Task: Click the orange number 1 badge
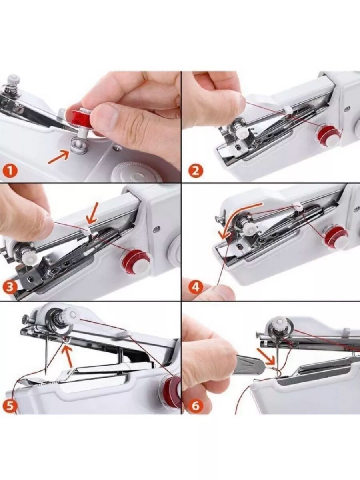9,172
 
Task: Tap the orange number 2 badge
196,171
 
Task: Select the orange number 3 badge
9,289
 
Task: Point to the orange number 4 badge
196,287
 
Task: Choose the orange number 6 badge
196,406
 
